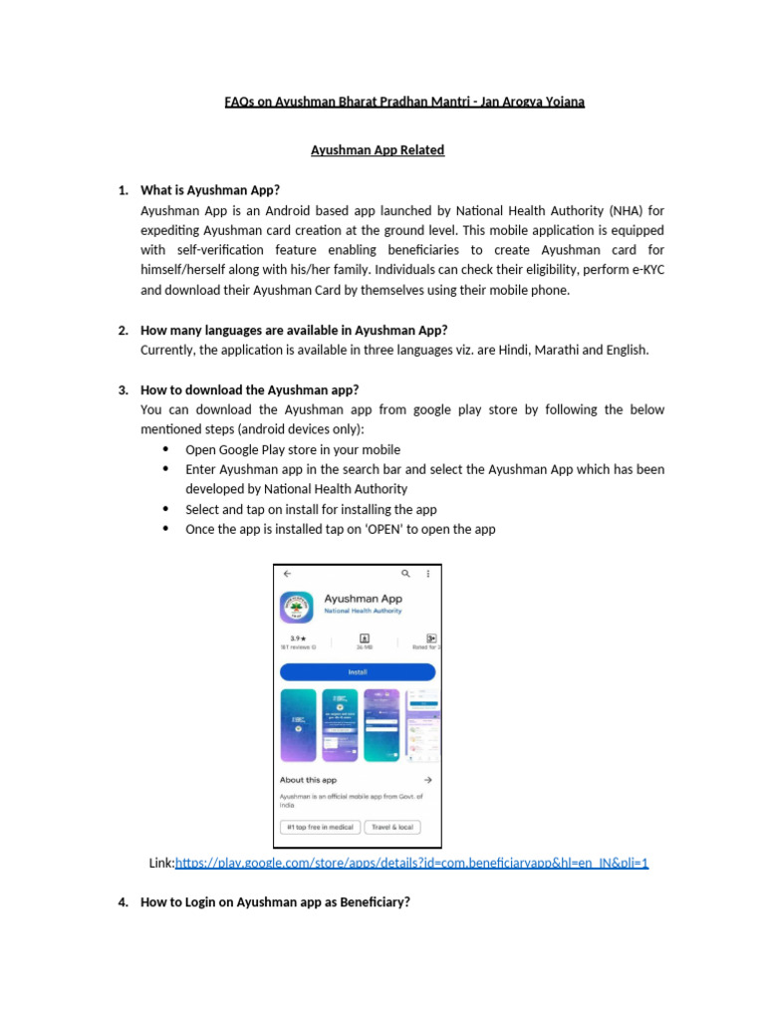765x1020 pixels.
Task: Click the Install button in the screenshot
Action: point(358,672)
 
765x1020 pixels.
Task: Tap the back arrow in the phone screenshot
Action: point(288,575)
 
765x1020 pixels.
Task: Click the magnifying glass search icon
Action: point(405,575)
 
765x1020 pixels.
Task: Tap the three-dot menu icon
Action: point(428,575)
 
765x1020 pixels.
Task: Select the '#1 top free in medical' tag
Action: point(320,827)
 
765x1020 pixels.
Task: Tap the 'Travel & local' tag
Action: point(393,827)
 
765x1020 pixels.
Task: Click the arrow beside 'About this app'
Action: point(427,780)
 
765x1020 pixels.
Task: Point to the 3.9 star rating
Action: point(296,637)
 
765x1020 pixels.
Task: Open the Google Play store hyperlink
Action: point(411,863)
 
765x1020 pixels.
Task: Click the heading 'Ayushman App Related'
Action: point(378,150)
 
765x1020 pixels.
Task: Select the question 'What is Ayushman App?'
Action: point(210,190)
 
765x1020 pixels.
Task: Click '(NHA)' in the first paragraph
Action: point(620,210)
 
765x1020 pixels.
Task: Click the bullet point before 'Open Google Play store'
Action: point(164,449)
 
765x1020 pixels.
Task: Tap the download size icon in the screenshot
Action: point(365,637)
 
